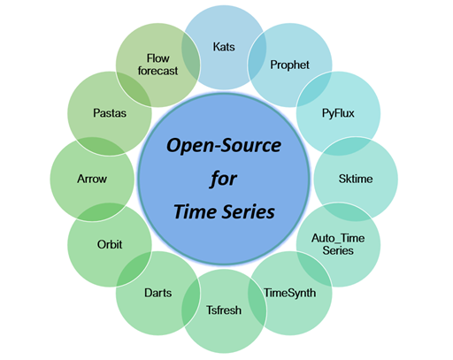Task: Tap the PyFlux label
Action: click(338, 114)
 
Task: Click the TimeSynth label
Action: click(288, 290)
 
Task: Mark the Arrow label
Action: click(92, 178)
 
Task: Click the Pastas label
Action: click(108, 113)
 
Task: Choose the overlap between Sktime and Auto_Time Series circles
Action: click(350, 213)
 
